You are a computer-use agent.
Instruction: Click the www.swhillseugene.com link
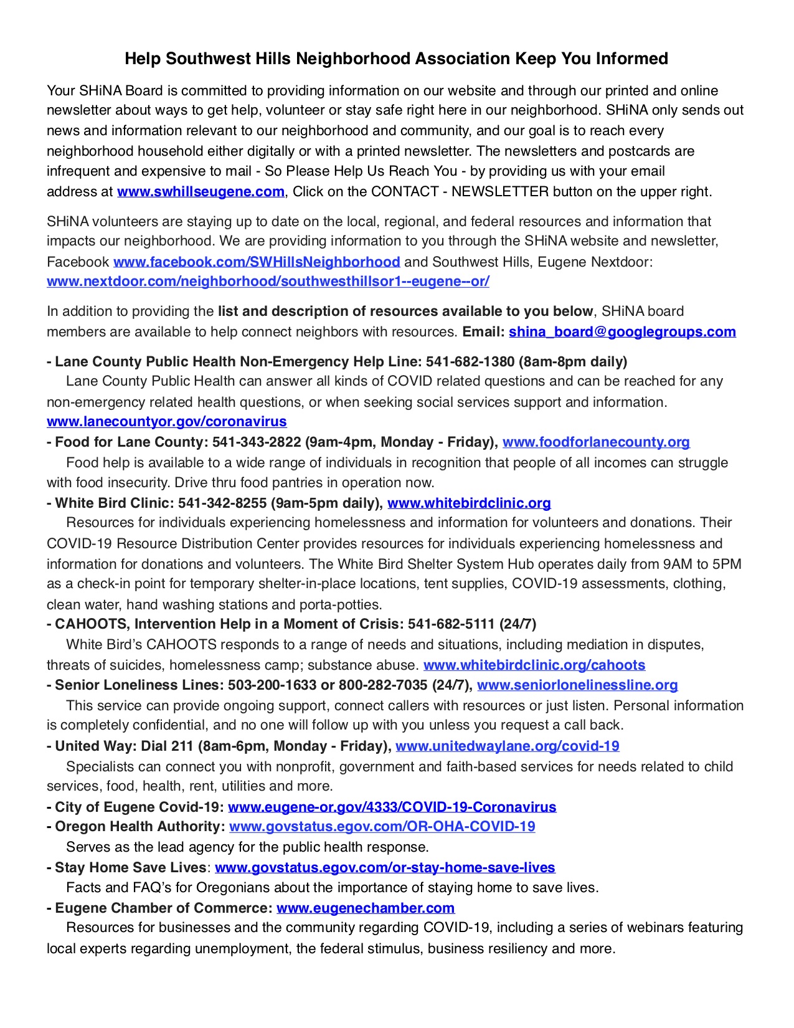point(201,191)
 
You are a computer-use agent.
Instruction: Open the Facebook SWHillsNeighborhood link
point(257,262)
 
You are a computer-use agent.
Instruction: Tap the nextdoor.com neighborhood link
point(268,282)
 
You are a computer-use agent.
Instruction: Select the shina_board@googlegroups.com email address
point(622,332)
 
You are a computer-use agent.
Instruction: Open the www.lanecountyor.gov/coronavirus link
point(167,422)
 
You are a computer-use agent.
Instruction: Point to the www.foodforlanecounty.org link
point(596,442)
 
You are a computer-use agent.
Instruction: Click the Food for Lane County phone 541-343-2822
point(257,442)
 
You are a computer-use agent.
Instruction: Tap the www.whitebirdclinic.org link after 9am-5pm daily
point(469,503)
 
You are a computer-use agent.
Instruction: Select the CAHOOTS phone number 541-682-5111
point(451,624)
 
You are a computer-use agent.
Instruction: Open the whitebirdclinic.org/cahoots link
point(534,665)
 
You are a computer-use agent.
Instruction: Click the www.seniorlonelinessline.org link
point(577,685)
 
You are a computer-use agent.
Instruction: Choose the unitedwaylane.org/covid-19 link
point(508,746)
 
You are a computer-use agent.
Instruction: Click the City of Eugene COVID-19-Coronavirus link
point(392,807)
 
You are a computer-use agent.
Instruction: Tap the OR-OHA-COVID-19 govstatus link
point(382,827)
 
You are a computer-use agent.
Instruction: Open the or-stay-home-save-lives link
point(385,868)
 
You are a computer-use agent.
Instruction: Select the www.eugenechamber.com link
point(366,908)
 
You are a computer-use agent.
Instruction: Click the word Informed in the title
point(632,59)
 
